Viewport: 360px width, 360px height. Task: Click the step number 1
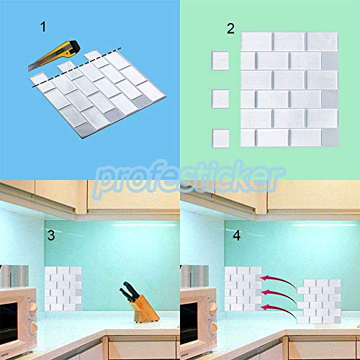click(42, 28)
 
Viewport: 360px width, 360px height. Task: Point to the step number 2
click(230, 29)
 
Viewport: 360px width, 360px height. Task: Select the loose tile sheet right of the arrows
click(320, 303)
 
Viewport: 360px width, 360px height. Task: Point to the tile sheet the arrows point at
click(243, 289)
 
